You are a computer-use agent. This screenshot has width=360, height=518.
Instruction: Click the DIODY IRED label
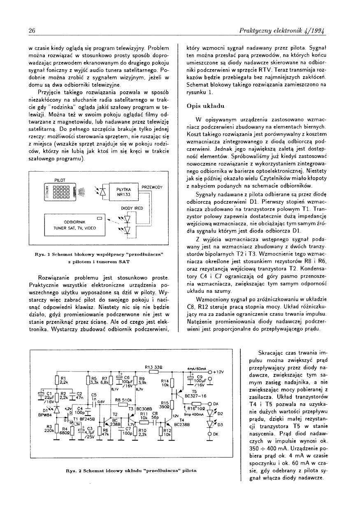click(132, 208)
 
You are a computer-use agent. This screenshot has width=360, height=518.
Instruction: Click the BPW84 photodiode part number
click(44, 415)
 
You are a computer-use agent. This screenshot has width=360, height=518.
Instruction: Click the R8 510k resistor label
click(123, 400)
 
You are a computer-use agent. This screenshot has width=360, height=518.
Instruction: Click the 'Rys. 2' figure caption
click(130, 469)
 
